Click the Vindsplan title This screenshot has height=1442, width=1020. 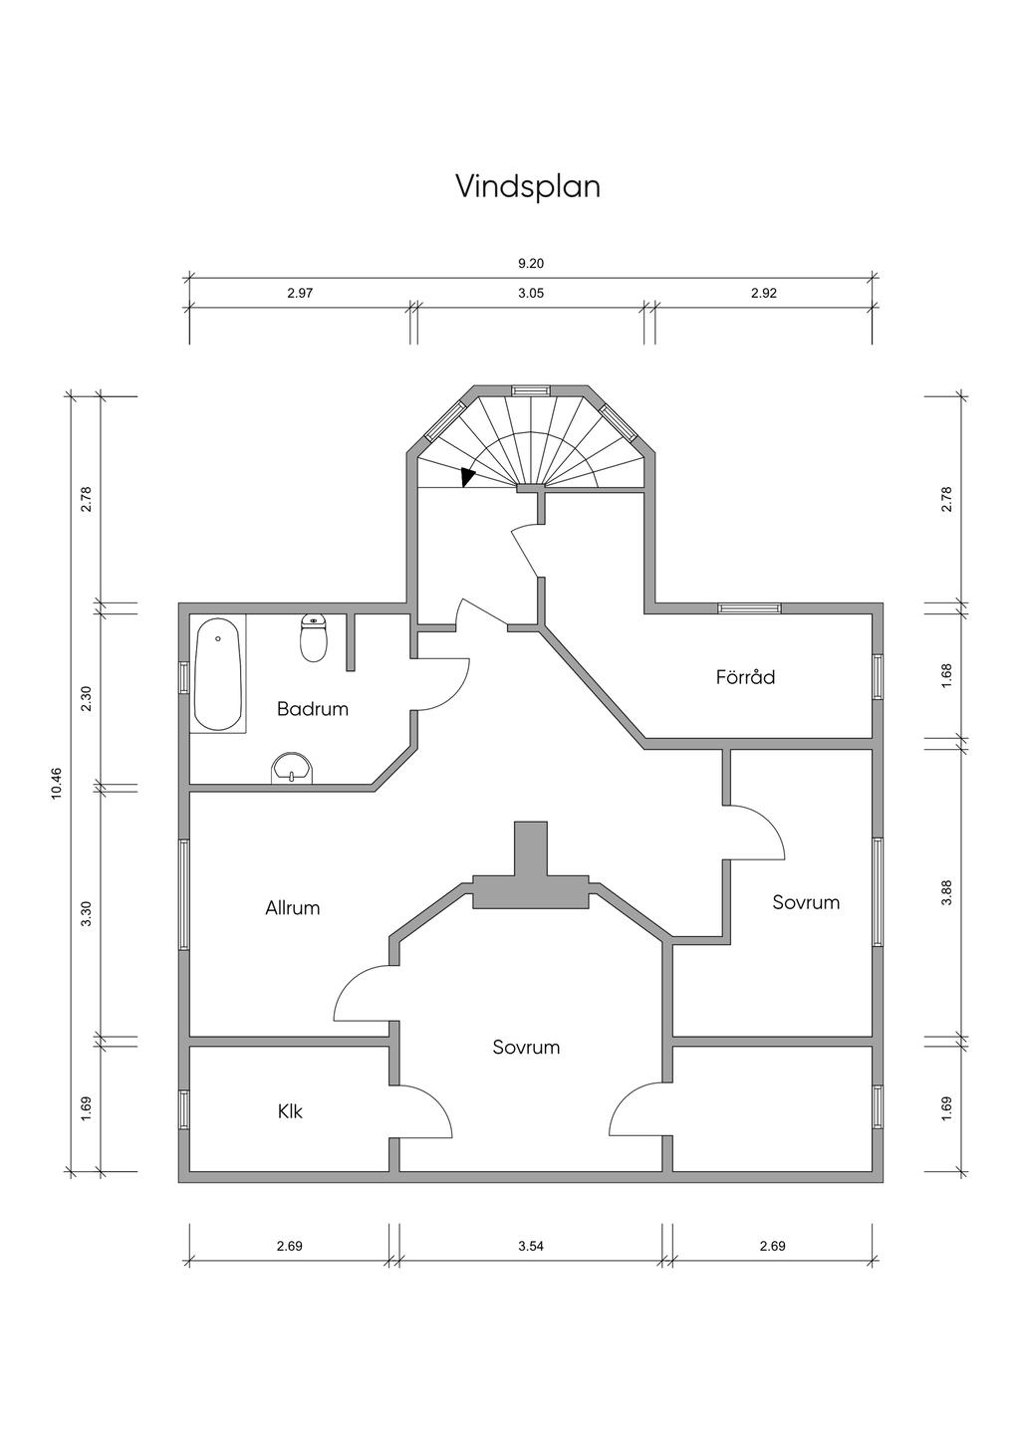[x=528, y=186]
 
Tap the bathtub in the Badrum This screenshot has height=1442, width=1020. [x=218, y=674]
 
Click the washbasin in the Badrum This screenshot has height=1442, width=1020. [x=292, y=768]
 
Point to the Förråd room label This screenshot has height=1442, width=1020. [x=745, y=676]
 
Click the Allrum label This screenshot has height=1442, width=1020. [x=292, y=907]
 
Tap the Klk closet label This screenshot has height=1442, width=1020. [x=290, y=1111]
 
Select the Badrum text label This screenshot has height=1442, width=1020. [x=313, y=709]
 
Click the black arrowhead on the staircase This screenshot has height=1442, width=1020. [x=467, y=477]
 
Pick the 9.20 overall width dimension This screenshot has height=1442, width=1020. [x=531, y=263]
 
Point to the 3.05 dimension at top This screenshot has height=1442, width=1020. [x=531, y=294]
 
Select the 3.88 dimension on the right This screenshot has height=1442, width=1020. [x=946, y=892]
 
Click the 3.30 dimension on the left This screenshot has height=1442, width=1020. [x=87, y=913]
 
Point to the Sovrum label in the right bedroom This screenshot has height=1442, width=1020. [x=806, y=902]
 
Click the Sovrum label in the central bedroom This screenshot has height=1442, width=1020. [x=526, y=1048]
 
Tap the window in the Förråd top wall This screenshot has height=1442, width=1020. [x=749, y=607]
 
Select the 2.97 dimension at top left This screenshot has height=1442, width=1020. [x=300, y=294]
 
